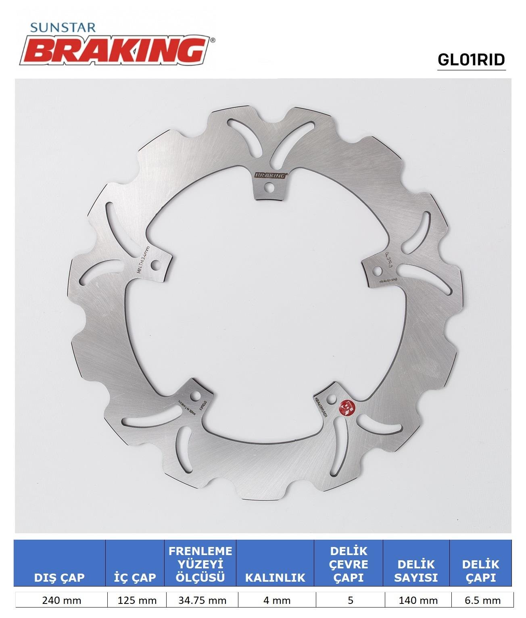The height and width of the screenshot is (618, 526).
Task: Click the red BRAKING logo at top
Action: (117, 50)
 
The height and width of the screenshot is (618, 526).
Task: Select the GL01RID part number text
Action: (471, 60)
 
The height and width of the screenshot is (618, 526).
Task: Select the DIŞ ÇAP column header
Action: (59, 577)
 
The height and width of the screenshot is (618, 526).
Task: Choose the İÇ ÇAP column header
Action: (135, 577)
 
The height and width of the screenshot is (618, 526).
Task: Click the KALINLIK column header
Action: (275, 577)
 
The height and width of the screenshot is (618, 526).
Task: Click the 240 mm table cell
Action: (61, 601)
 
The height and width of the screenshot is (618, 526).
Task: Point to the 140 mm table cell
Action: (418, 601)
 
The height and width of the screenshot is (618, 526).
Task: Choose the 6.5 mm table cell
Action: (482, 601)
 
